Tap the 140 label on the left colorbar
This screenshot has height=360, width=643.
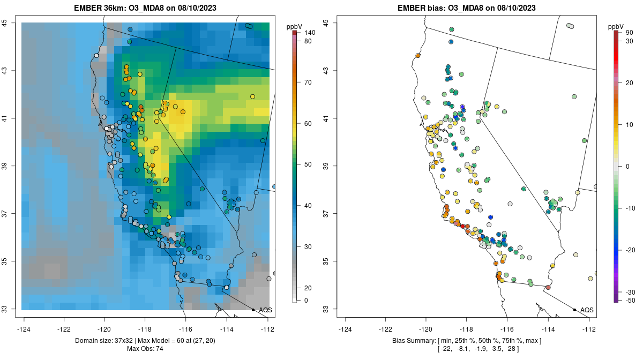(x=310, y=33)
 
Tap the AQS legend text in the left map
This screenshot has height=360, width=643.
(x=266, y=310)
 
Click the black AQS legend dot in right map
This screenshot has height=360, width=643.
(x=574, y=310)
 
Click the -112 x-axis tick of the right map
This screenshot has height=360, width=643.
(x=589, y=329)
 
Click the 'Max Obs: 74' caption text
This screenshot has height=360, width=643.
(x=145, y=349)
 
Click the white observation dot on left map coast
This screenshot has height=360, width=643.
(x=96, y=55)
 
